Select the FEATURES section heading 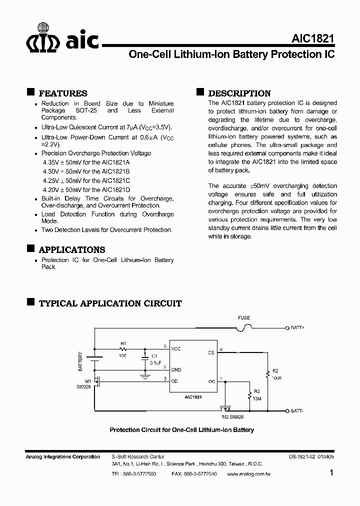(63, 93)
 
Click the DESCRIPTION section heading (239, 93)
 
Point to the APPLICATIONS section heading (72, 250)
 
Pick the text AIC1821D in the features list (115, 190)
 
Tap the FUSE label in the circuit (244, 318)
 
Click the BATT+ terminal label (297, 328)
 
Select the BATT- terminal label (297, 410)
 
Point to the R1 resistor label (123, 343)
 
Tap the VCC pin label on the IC (176, 348)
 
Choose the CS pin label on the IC (211, 352)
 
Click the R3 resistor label (257, 391)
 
